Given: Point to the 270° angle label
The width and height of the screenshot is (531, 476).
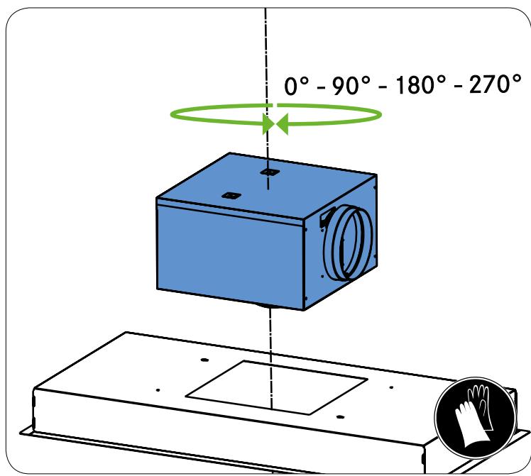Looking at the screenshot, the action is [x=495, y=84].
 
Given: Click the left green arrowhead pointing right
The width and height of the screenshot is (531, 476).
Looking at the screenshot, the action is [x=268, y=124].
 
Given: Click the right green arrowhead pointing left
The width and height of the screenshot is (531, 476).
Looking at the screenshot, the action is [x=283, y=124].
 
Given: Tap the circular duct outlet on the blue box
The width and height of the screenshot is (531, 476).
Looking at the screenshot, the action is [x=348, y=243].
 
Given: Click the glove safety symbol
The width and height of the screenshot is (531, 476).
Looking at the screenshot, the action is [x=475, y=418].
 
